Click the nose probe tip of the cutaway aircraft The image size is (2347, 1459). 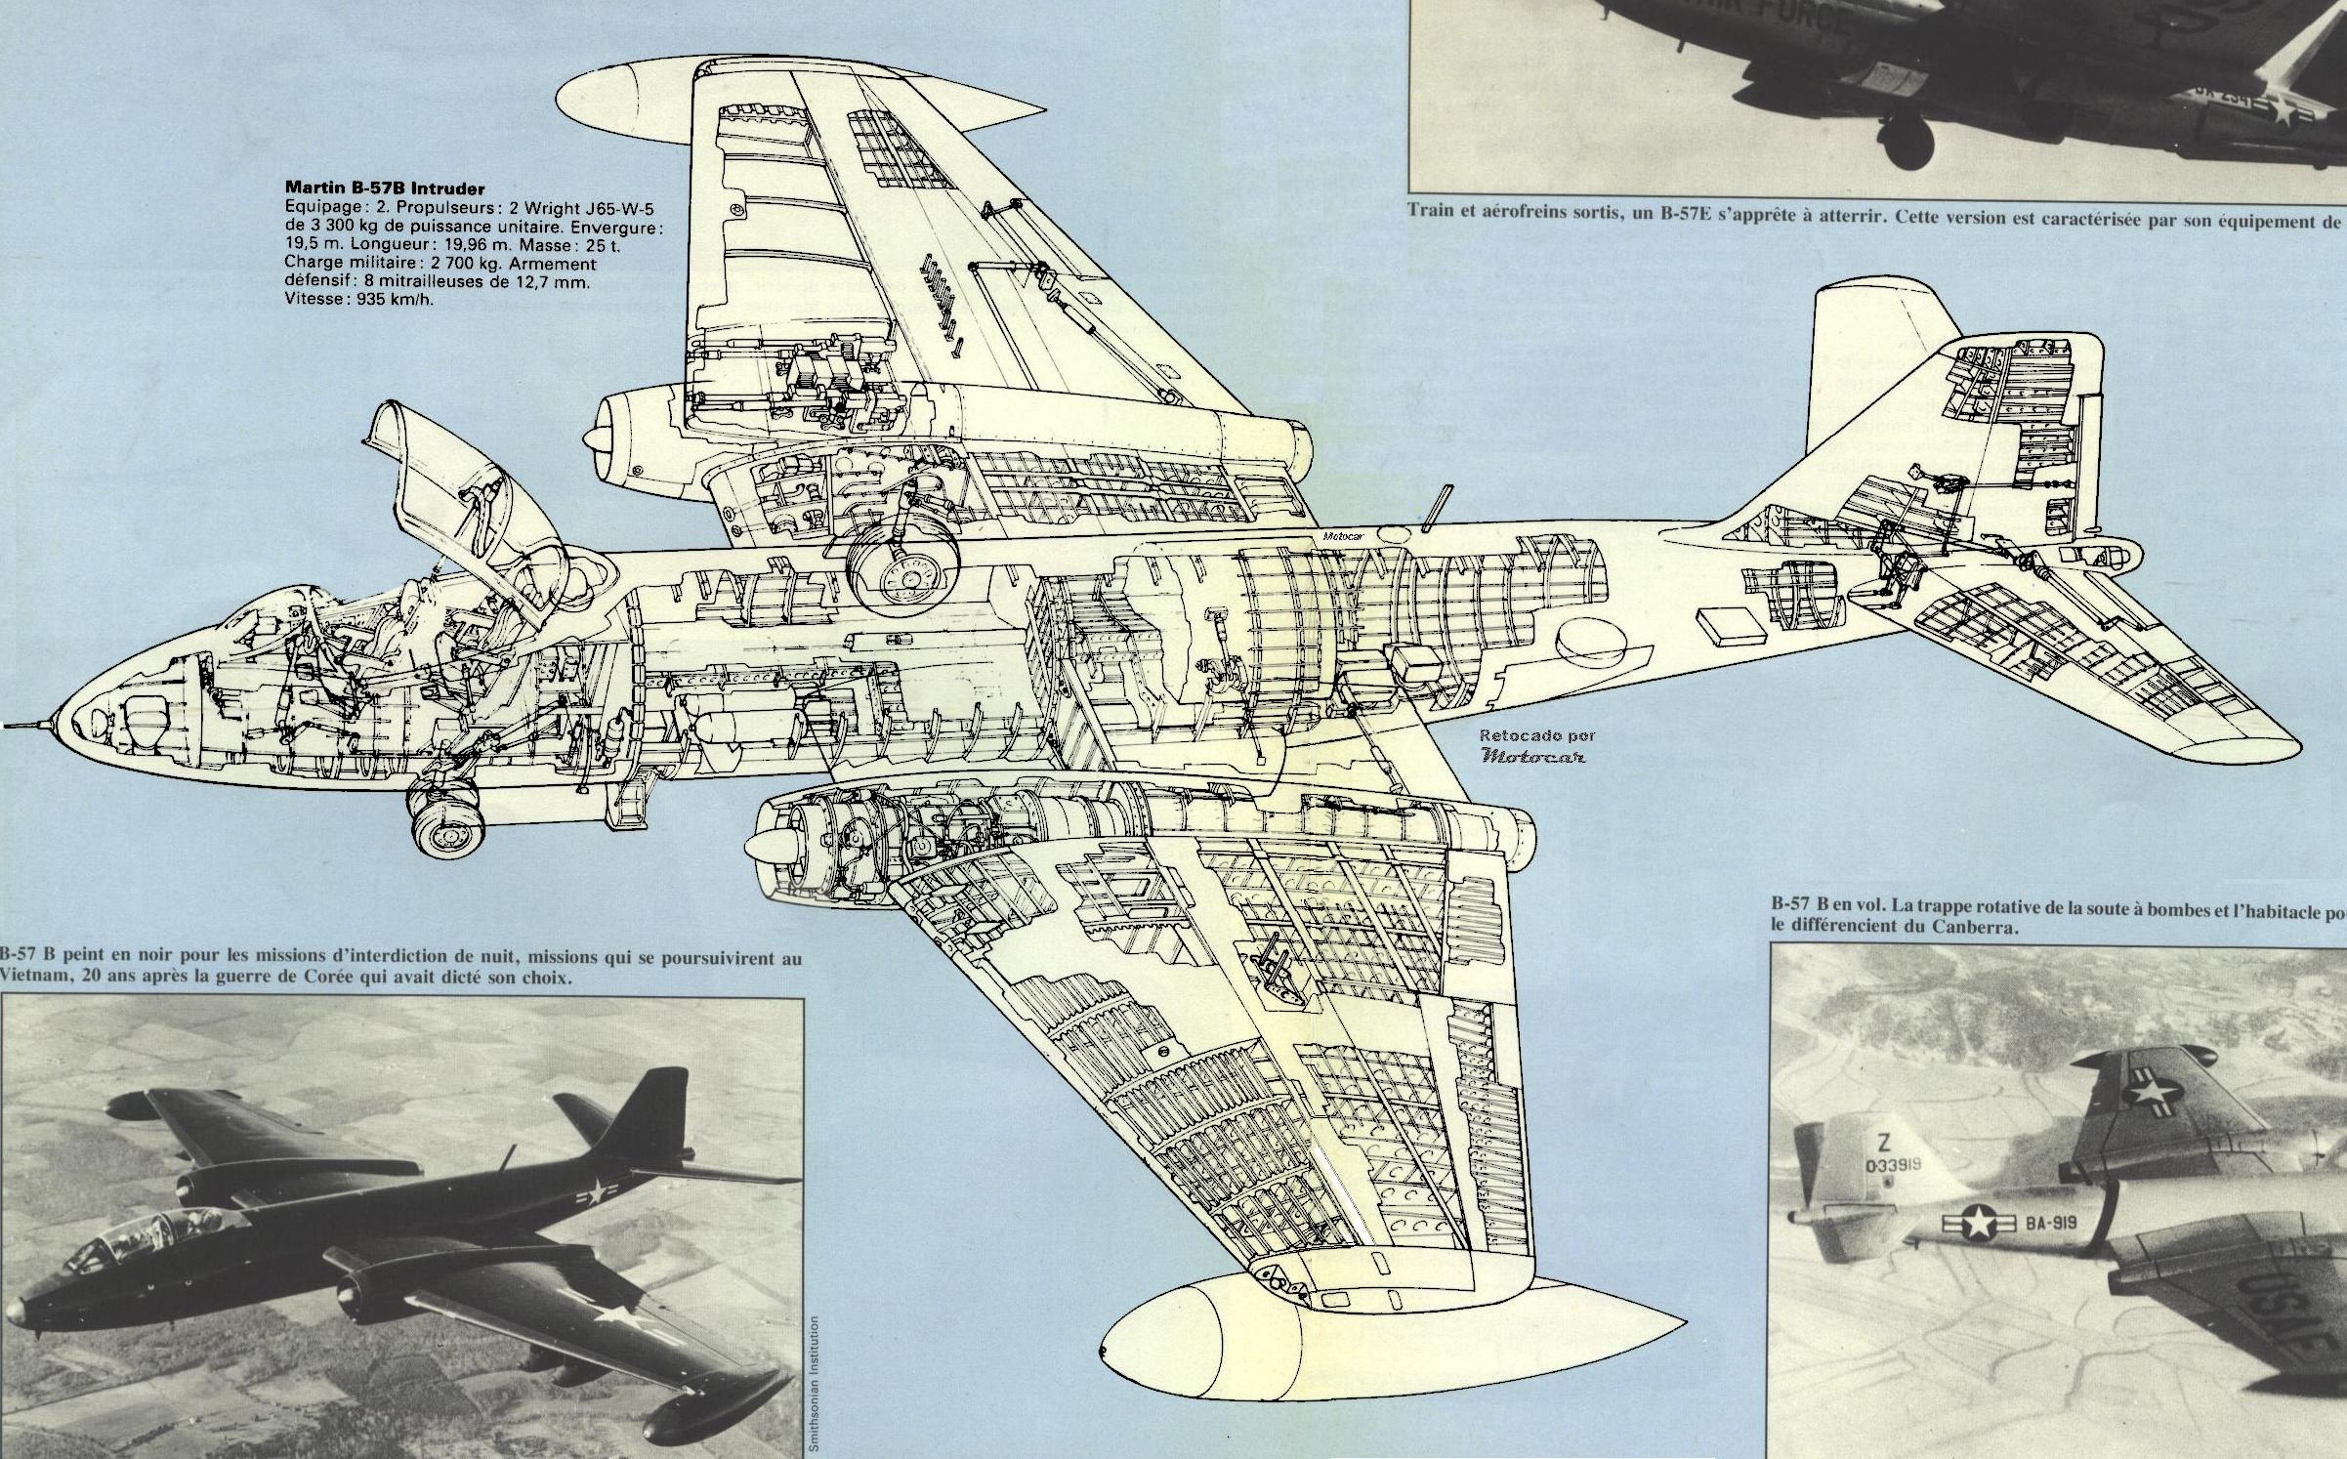8,725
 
